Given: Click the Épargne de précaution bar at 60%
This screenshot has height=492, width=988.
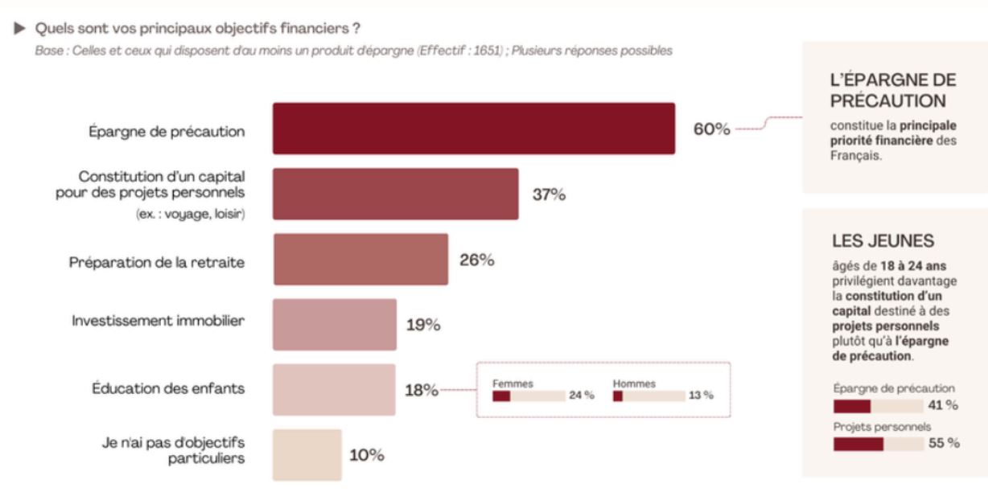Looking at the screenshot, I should pyautogui.click(x=473, y=129).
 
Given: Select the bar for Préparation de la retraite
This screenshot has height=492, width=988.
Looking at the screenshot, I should pyautogui.click(x=360, y=260).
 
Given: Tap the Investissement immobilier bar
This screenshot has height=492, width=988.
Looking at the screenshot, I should pyautogui.click(x=335, y=325).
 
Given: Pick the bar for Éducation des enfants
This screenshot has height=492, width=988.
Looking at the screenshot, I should pyautogui.click(x=334, y=390).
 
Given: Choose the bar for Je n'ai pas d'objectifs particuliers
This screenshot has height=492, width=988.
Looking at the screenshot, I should pyautogui.click(x=307, y=455).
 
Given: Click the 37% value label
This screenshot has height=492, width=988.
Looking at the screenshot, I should pyautogui.click(x=549, y=195).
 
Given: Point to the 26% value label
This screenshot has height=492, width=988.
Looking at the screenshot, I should pyautogui.click(x=476, y=260).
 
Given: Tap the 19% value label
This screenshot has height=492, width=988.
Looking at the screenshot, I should pyautogui.click(x=423, y=326).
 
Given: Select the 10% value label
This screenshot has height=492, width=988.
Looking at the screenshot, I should pyautogui.click(x=367, y=455).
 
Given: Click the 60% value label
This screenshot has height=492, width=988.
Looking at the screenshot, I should pyautogui.click(x=712, y=129).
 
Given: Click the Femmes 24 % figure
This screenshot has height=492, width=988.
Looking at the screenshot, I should pyautogui.click(x=582, y=396).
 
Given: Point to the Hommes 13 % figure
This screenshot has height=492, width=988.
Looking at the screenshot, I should pyautogui.click(x=701, y=396).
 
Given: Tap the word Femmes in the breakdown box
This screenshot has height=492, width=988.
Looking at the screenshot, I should pyautogui.click(x=513, y=383).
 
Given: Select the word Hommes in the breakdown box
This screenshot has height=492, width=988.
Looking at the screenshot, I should pyautogui.click(x=634, y=383).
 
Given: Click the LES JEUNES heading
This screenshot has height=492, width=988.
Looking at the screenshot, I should pyautogui.click(x=883, y=241).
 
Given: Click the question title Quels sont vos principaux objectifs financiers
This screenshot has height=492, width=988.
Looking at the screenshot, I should pyautogui.click(x=197, y=29).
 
